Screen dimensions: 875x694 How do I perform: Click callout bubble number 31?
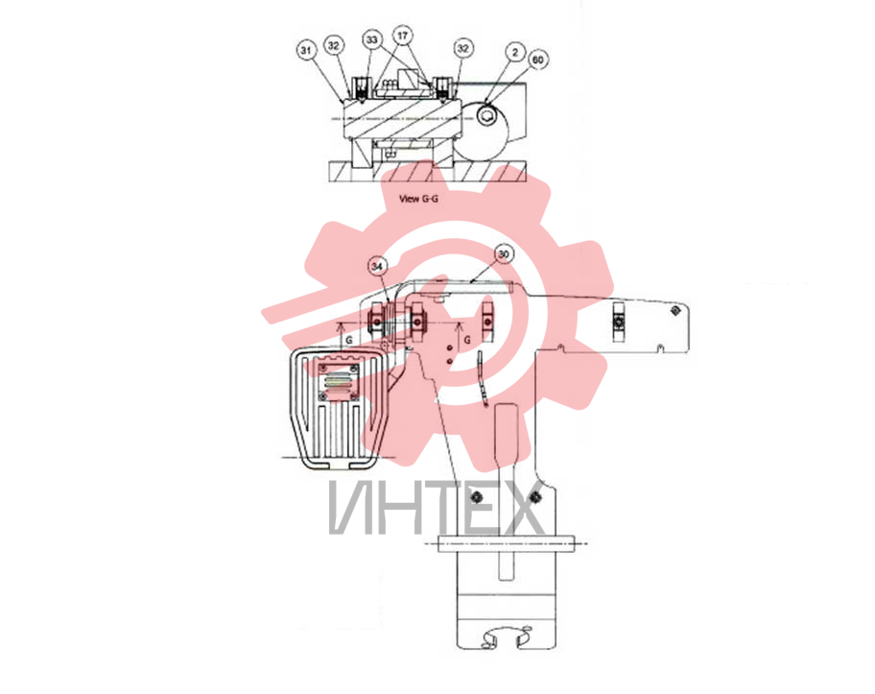306,50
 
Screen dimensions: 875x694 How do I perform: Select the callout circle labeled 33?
372,39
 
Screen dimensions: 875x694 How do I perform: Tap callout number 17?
402,36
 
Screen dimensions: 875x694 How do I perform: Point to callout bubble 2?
515,53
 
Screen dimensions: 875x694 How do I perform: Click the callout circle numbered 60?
538,60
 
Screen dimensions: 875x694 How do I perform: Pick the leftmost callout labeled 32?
334,45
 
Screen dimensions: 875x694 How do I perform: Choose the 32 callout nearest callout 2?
463,48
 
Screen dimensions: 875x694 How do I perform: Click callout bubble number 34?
377,266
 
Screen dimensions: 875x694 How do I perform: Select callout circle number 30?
504,254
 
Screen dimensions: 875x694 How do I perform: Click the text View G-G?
418,198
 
